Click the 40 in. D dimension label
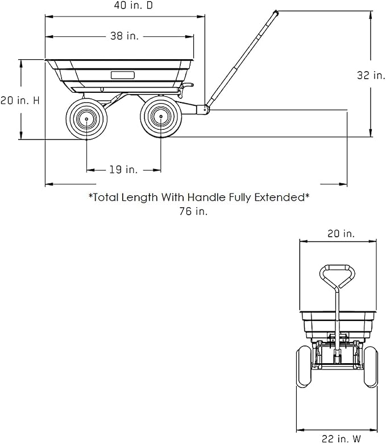[x=133, y=5]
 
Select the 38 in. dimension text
[x=124, y=36]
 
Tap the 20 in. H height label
[x=20, y=100]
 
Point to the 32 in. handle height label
[x=371, y=75]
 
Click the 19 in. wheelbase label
[x=123, y=170]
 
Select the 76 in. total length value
[x=193, y=211]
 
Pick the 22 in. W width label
[x=341, y=439]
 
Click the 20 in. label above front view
[x=341, y=233]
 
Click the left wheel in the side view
[x=86, y=119]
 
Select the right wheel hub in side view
[x=161, y=116]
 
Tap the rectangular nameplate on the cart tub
[x=122, y=75]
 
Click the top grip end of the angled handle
[x=275, y=13]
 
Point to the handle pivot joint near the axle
[x=204, y=110]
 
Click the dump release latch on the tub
[x=185, y=88]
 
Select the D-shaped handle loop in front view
[x=337, y=277]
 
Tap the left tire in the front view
[x=304, y=367]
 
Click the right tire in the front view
[x=371, y=367]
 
